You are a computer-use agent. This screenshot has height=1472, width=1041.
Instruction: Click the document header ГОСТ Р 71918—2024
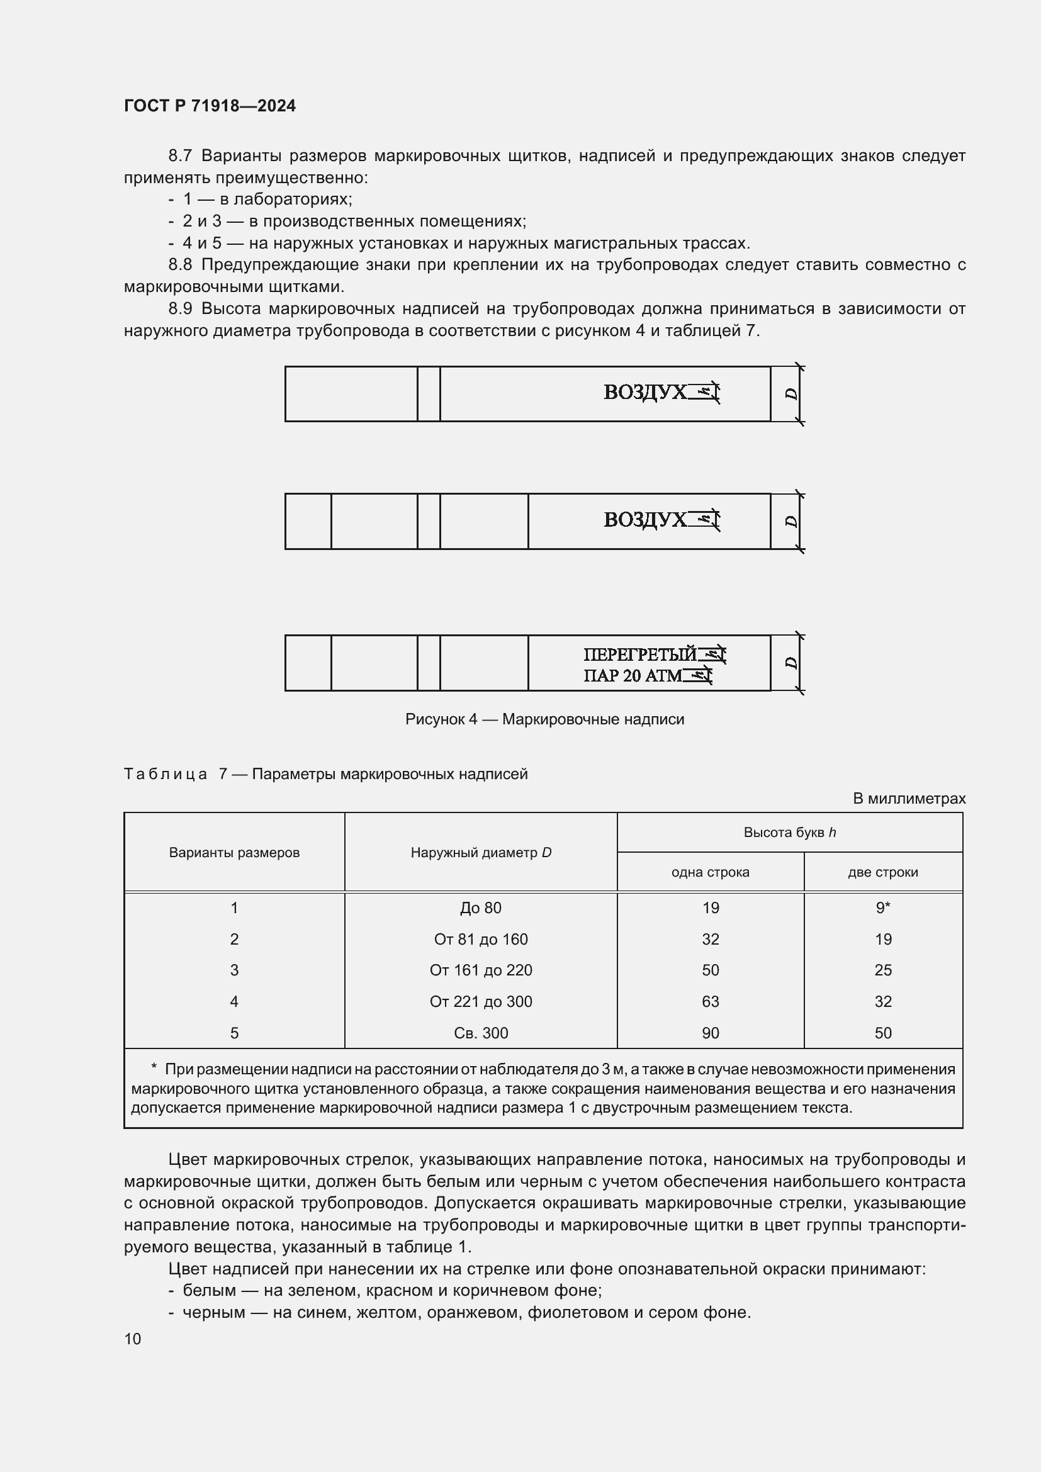point(210,106)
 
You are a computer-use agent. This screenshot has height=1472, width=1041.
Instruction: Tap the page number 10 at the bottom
point(133,1338)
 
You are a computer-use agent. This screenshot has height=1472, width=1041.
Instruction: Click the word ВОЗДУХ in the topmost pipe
point(644,392)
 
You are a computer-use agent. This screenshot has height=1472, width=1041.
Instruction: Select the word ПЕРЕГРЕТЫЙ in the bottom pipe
point(639,655)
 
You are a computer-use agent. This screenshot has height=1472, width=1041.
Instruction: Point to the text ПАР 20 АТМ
point(632,676)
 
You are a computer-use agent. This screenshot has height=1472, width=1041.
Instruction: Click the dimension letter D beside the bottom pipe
point(792,662)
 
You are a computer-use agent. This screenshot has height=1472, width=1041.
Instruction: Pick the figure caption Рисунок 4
point(544,719)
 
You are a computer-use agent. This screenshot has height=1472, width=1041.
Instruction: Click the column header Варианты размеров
point(234,853)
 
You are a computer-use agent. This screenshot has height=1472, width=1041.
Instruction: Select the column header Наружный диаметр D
point(481,853)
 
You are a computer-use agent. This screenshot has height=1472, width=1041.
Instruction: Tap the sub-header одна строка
point(710,872)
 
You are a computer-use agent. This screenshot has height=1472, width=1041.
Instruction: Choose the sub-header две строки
point(882,872)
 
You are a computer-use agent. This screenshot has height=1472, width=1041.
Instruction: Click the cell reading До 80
point(481,909)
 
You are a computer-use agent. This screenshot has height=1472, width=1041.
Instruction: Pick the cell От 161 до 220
point(481,970)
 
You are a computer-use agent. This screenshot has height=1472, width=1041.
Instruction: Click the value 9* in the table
point(882,909)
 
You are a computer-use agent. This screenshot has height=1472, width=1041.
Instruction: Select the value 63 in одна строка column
point(710,1001)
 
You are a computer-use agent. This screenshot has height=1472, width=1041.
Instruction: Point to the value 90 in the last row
point(710,1033)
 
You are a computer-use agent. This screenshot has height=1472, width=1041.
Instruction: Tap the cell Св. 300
point(481,1033)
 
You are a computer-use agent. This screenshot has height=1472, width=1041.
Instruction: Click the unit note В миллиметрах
point(909,799)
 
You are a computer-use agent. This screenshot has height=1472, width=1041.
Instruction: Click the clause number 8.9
point(180,309)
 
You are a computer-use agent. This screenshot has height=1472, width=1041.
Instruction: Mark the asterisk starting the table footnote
point(154,1069)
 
